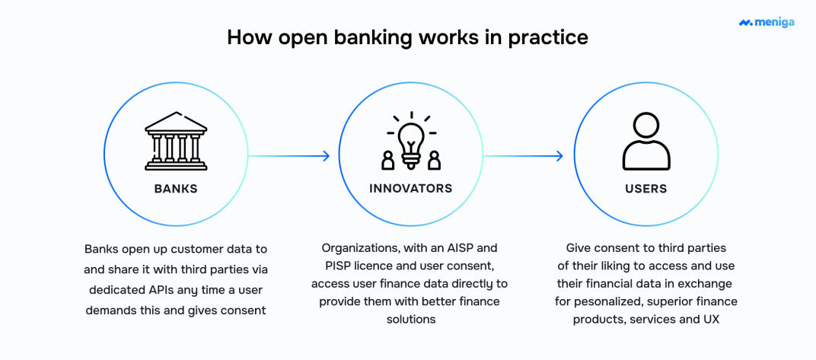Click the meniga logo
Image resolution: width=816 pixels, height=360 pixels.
pyautogui.click(x=767, y=22)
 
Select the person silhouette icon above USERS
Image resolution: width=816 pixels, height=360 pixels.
pyautogui.click(x=645, y=142)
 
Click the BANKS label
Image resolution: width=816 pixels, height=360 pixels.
pyautogui.click(x=176, y=189)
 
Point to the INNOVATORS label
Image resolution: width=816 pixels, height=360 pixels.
pyautogui.click(x=410, y=188)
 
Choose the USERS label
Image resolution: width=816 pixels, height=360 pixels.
pyautogui.click(x=645, y=188)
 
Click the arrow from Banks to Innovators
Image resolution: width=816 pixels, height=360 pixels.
pyautogui.click(x=289, y=156)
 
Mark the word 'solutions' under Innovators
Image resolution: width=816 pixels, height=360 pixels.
pyautogui.click(x=411, y=319)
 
